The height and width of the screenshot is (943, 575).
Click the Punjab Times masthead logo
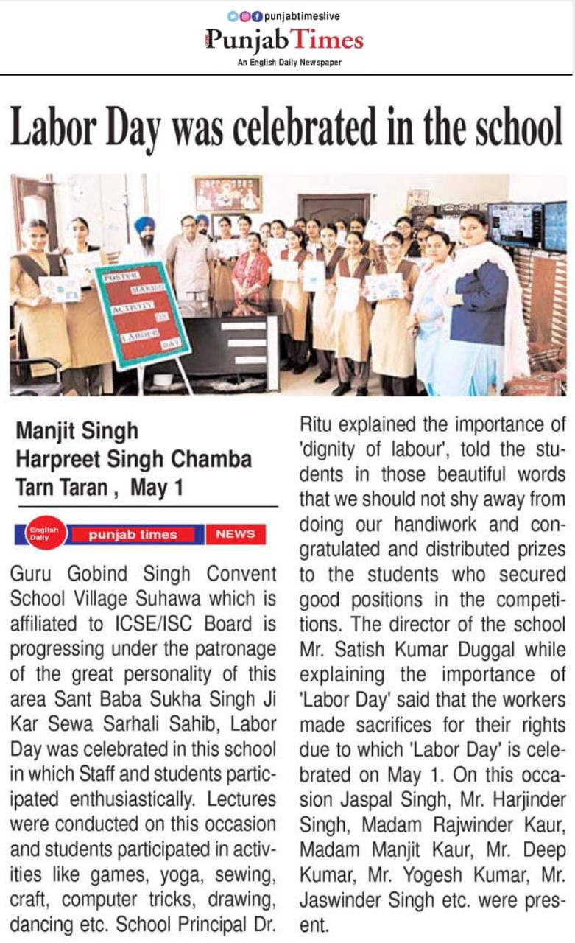[285, 40]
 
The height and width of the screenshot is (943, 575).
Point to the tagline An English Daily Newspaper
[289, 63]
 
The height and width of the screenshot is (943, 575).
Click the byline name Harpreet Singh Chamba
[133, 460]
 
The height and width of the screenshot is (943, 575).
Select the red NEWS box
[236, 534]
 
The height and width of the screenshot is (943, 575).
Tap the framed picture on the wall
[228, 194]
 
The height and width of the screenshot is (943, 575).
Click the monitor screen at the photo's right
[515, 225]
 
